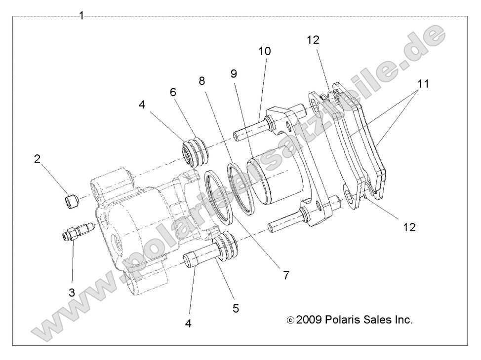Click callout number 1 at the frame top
click(x=81, y=16)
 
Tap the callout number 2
click(x=38, y=158)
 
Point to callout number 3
click(x=72, y=292)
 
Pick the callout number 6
click(x=173, y=92)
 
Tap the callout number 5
click(x=236, y=308)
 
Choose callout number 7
click(x=285, y=275)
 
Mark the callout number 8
click(x=201, y=80)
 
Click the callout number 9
click(x=234, y=73)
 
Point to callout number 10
click(x=264, y=51)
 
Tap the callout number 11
click(x=422, y=84)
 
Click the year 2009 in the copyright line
click(x=310, y=320)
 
